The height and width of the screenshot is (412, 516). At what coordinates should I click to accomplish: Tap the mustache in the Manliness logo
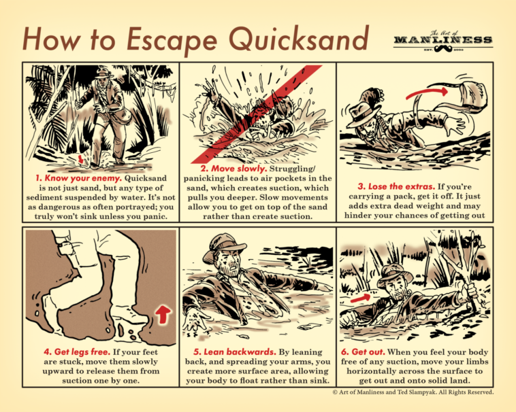point(443,49)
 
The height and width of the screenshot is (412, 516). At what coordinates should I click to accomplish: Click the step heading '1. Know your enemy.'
point(79,178)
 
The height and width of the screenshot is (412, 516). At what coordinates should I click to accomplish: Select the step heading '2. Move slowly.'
point(233,169)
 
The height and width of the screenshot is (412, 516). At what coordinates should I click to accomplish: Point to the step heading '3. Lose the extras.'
point(396,186)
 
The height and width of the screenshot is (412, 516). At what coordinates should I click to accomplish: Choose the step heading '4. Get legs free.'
point(77,352)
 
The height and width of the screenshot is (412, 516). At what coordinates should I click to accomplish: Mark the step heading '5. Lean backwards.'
point(235,352)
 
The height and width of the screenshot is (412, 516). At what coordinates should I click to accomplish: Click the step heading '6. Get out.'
point(363,352)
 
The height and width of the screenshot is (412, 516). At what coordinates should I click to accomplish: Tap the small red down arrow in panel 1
point(80,159)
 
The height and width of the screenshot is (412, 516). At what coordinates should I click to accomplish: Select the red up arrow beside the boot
point(163,314)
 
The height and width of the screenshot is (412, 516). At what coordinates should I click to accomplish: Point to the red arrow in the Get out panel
point(361,298)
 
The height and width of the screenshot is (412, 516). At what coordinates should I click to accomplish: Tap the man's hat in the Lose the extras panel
point(361,112)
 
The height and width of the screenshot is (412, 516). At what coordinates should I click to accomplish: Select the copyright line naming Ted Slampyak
point(413,392)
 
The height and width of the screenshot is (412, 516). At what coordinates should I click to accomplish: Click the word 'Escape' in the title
point(172,40)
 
